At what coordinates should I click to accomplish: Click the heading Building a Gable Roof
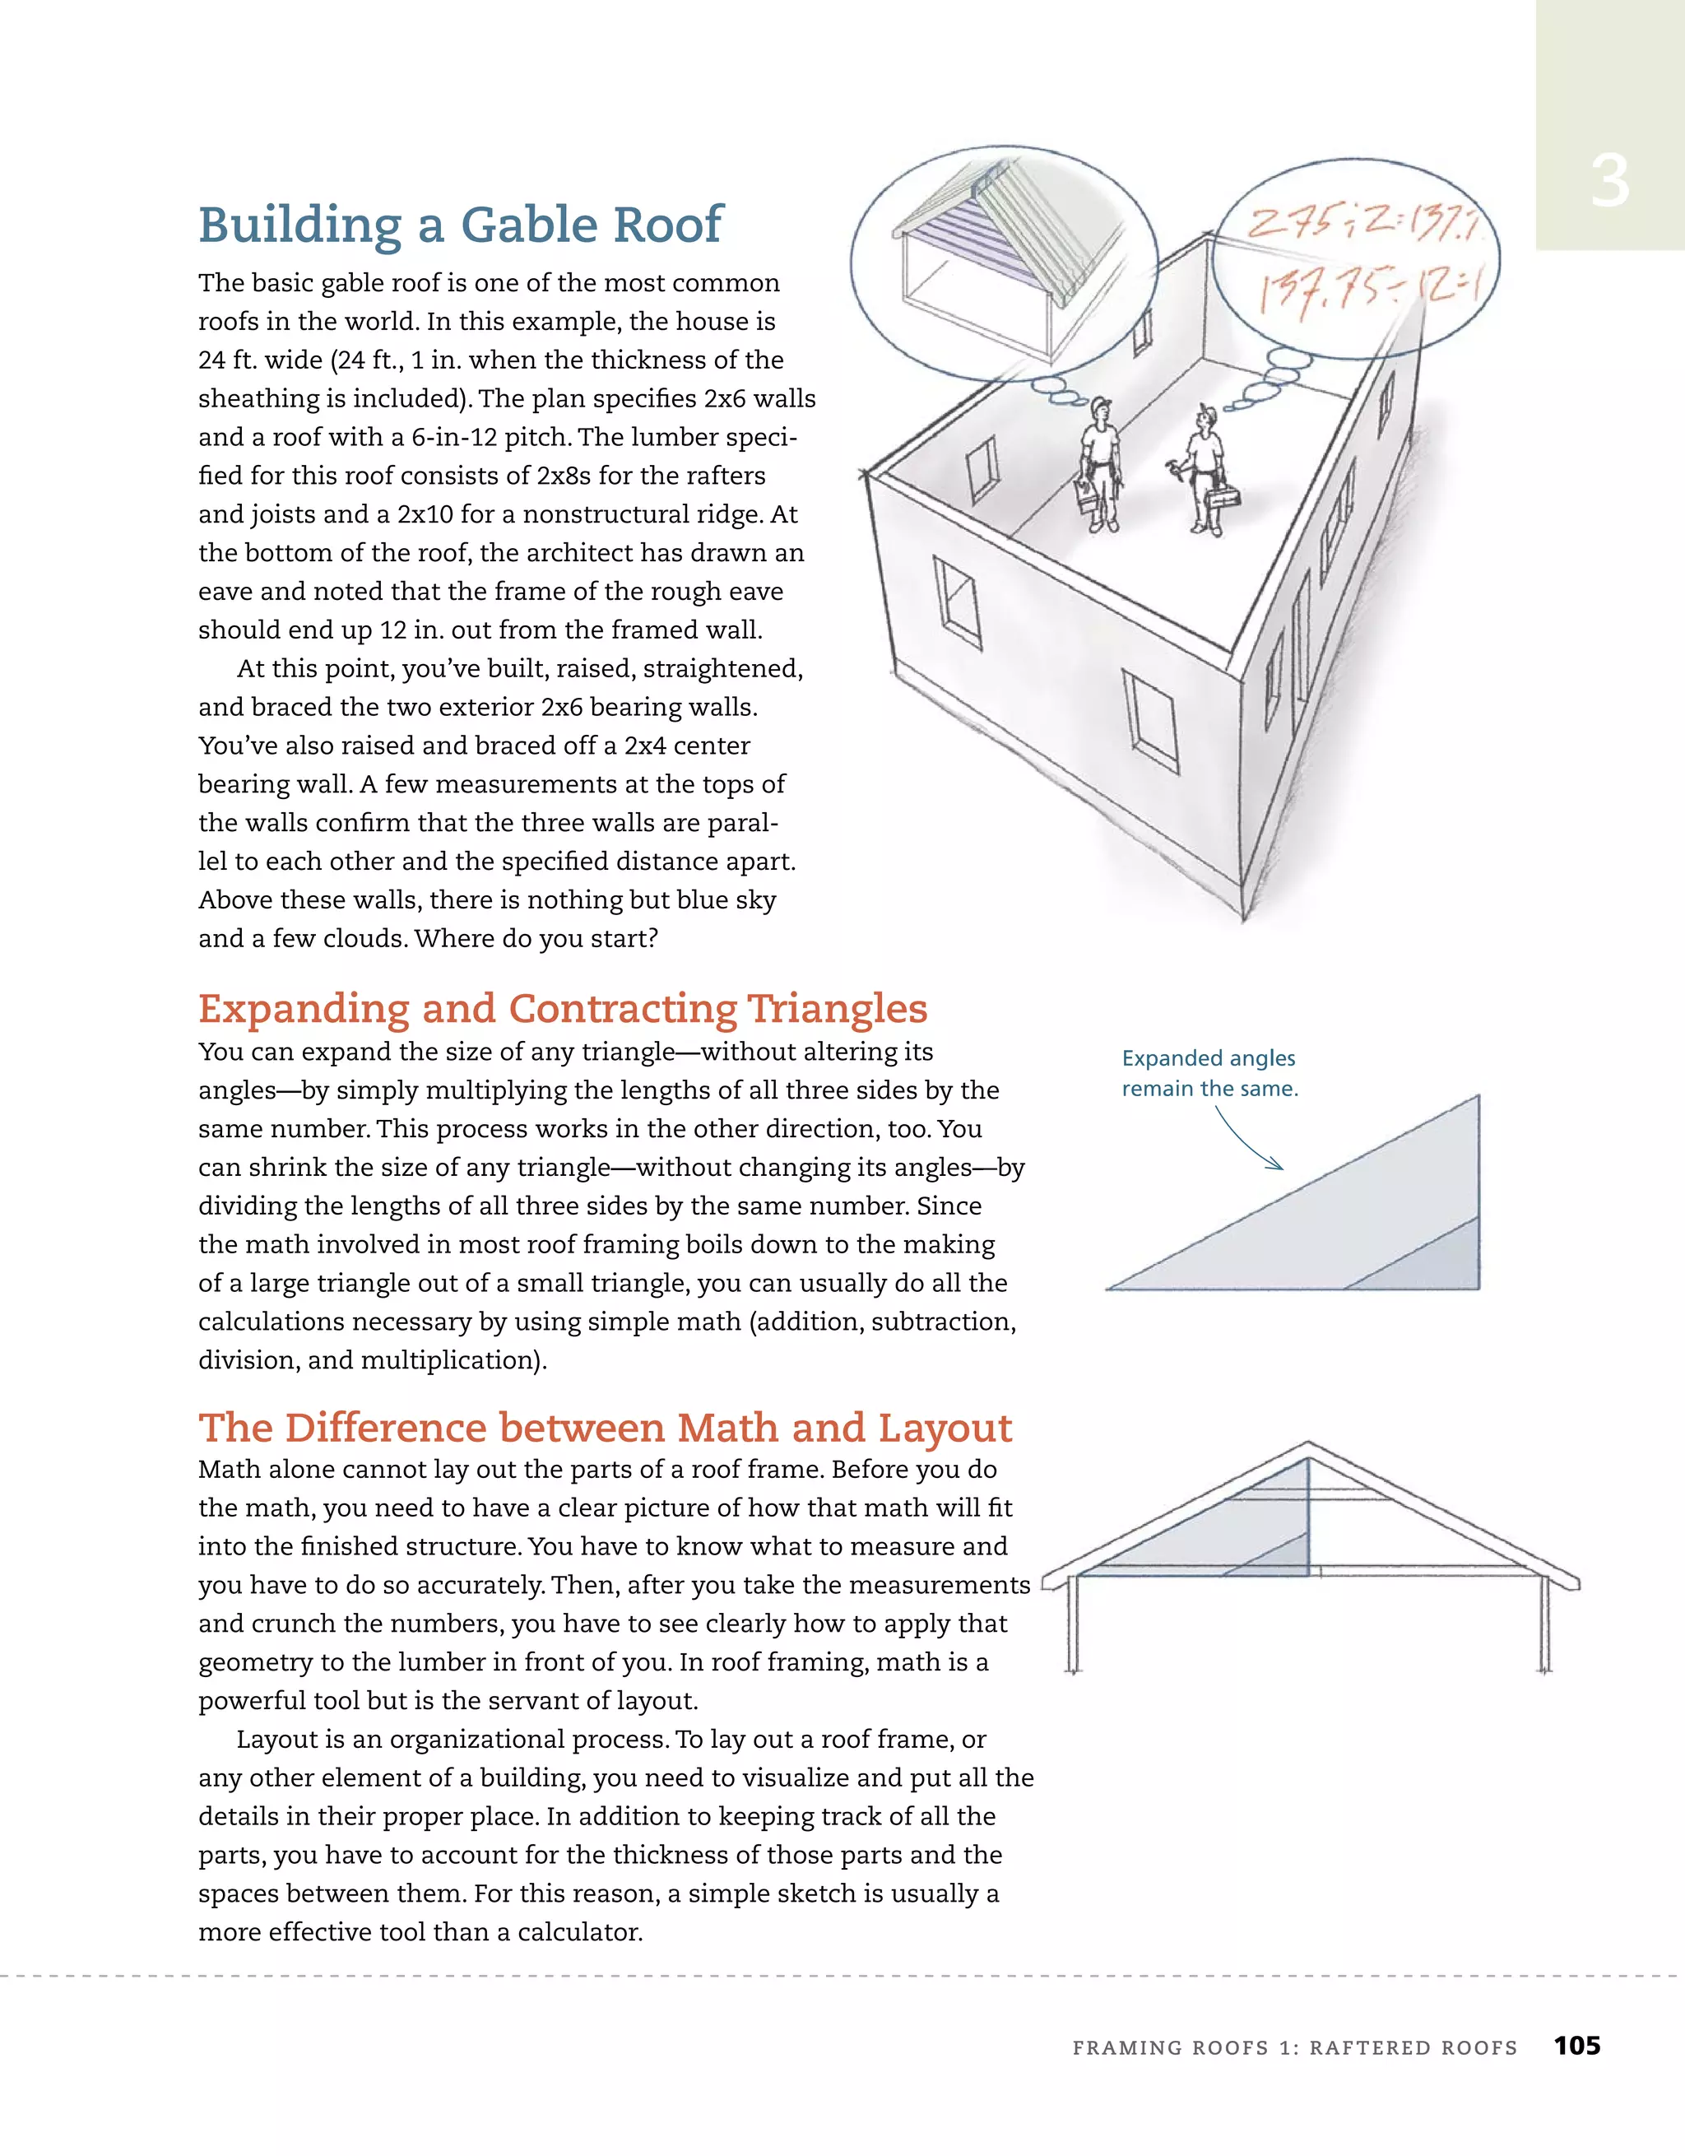point(460,225)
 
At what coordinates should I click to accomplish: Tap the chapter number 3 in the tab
point(1609,183)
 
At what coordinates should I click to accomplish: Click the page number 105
point(1576,2046)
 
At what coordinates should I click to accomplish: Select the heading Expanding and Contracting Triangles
point(562,1009)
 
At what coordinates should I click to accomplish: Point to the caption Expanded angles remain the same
point(1209,1073)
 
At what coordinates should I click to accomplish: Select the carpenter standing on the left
point(1098,464)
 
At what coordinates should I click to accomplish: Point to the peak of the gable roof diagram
point(1308,1446)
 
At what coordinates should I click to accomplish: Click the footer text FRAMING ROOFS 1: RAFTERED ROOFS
point(1294,2047)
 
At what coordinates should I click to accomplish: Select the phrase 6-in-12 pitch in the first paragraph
point(490,437)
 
